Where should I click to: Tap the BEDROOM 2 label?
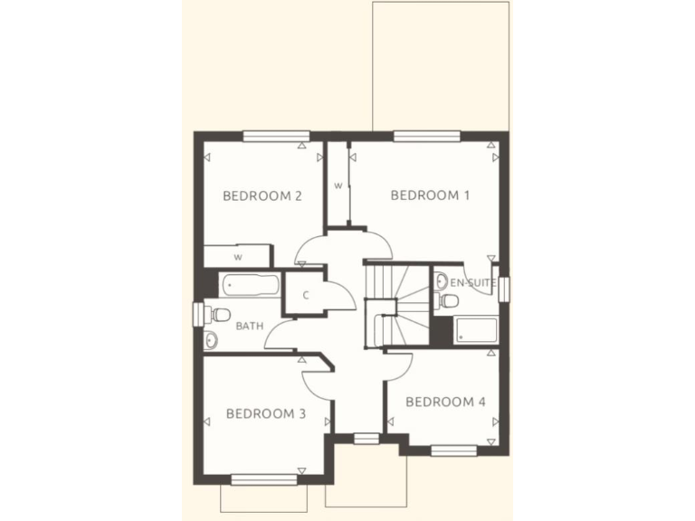click(262, 195)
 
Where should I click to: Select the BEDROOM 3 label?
click(265, 413)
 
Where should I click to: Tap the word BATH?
click(249, 325)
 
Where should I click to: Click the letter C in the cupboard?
click(306, 295)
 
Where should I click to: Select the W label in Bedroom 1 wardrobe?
click(338, 186)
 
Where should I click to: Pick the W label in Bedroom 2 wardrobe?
click(238, 257)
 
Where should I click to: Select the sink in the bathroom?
click(211, 340)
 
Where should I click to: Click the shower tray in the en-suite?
click(476, 329)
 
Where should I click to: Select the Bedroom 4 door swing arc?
click(399, 365)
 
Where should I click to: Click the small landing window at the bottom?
click(366, 439)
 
